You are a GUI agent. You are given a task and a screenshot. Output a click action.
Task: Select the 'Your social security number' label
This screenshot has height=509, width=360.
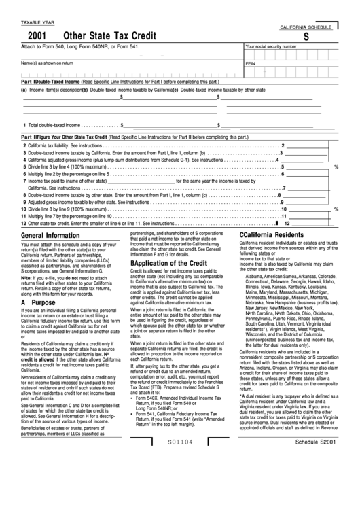[270, 47]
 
